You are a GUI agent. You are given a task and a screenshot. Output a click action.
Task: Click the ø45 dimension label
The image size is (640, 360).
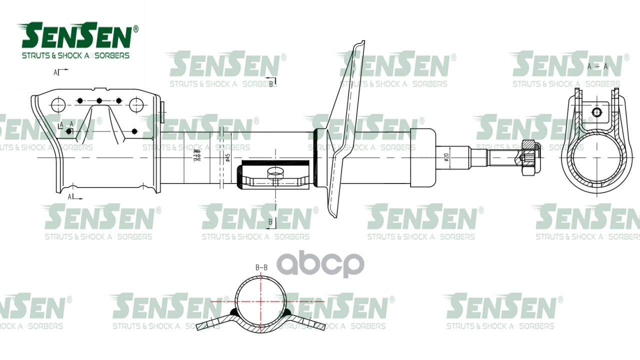pos(228,157)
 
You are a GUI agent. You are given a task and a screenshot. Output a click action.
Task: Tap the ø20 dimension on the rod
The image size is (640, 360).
pos(446,157)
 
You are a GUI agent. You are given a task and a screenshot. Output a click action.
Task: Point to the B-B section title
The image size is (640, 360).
pos(261,267)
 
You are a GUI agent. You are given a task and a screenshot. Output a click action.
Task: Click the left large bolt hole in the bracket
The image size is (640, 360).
pos(58,105)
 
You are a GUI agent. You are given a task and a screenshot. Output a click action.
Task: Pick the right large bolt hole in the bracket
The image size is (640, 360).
pos(136,105)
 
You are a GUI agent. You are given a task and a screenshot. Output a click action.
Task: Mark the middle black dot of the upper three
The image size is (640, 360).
pos(99,101)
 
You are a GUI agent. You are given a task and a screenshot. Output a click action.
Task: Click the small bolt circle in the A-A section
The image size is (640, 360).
pos(596,112)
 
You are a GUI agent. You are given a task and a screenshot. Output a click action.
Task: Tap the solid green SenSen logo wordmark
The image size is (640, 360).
pos(76,36)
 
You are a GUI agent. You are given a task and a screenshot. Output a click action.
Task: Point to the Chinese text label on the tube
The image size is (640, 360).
pos(196,157)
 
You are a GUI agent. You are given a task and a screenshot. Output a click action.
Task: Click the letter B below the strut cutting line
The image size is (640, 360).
pos(270,221)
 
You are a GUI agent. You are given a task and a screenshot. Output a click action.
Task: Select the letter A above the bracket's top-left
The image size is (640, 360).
pos(56,72)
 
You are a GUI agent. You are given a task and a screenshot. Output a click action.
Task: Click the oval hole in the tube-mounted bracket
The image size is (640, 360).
pos(275,173)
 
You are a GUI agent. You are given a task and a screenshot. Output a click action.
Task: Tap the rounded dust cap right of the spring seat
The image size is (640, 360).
pos(422,157)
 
